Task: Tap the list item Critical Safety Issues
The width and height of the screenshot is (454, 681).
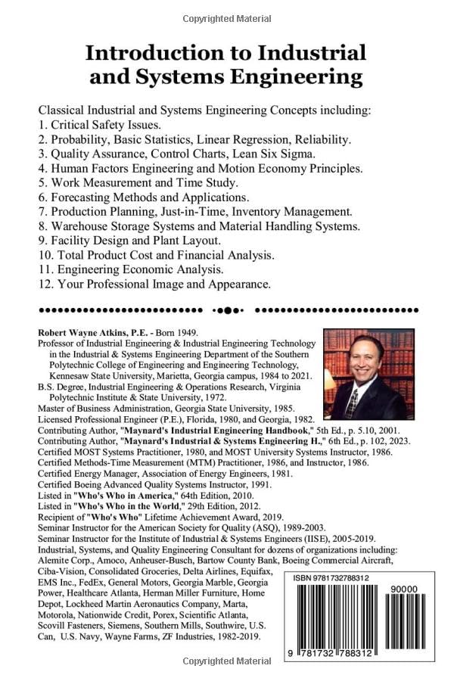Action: (x=105, y=124)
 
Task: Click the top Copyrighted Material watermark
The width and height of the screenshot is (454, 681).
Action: (x=227, y=18)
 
